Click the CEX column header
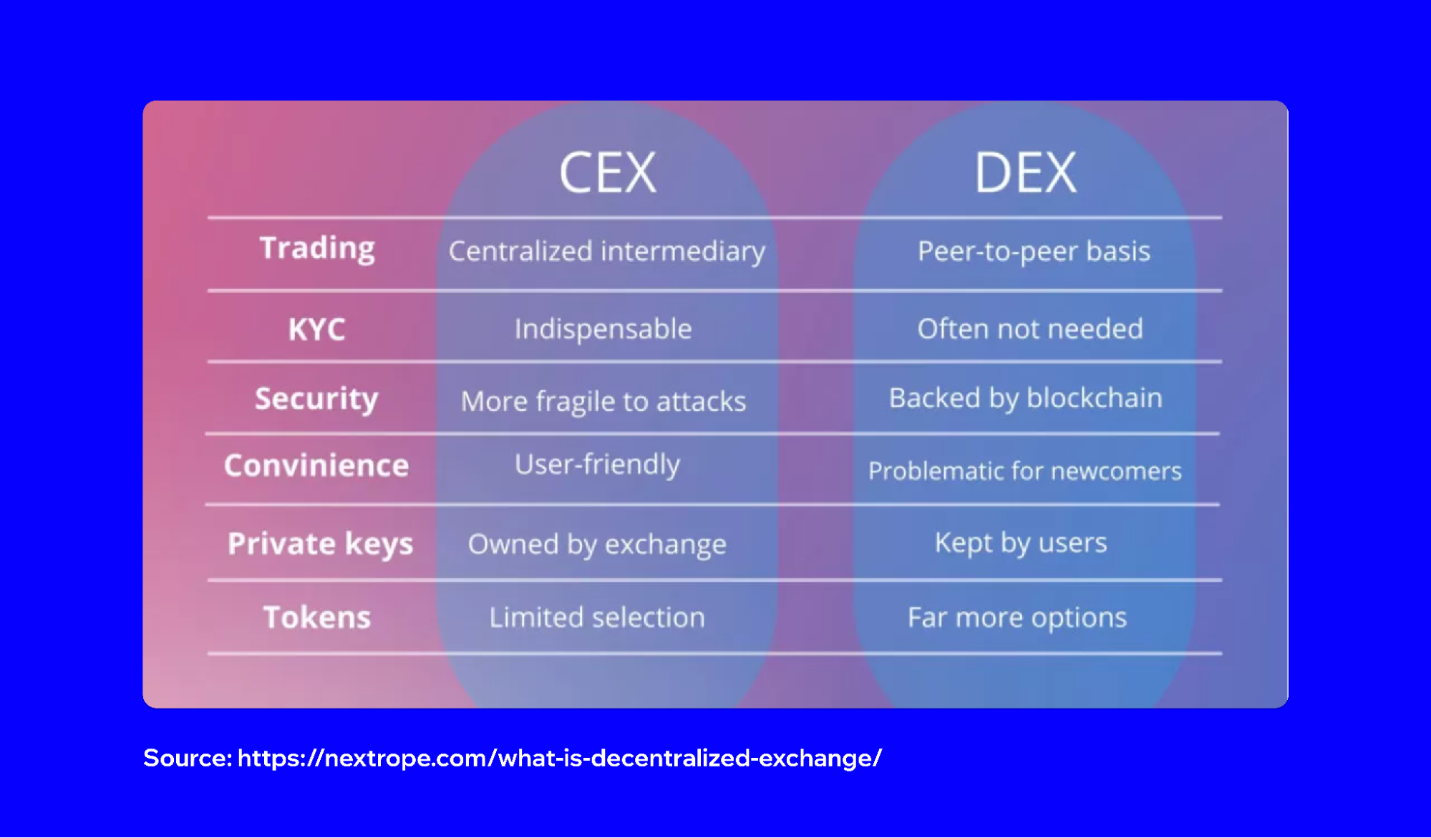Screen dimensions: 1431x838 (607, 172)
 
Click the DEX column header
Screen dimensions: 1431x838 (1025, 172)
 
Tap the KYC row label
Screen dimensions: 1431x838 (316, 330)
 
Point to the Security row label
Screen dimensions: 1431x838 (316, 399)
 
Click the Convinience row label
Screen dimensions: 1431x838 (316, 466)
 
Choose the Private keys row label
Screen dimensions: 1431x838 (320, 545)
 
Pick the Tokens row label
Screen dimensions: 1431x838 (317, 618)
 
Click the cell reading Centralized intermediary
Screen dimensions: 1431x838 (607, 252)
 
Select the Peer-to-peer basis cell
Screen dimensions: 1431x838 (1034, 252)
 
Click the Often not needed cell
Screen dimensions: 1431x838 (1030, 329)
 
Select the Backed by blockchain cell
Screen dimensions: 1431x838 (1025, 399)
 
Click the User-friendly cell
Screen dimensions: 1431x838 (597, 465)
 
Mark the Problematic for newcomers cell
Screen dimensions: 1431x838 (1024, 472)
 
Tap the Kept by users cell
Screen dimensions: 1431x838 (1021, 543)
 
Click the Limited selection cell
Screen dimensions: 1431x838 (597, 618)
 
